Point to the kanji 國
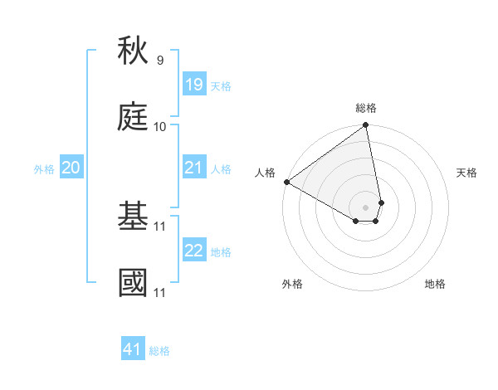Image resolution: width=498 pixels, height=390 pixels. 133,282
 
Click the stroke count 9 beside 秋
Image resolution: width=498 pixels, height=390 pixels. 160,61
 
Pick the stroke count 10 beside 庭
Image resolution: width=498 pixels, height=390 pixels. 160,126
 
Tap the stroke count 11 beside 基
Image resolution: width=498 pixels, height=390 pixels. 160,226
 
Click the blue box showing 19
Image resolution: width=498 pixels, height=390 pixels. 194,85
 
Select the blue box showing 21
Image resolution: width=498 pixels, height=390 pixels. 194,168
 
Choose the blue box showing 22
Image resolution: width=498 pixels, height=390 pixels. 194,251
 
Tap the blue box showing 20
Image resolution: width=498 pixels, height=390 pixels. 71,168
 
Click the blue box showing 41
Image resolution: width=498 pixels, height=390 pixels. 133,349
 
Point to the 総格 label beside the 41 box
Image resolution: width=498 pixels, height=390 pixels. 159,351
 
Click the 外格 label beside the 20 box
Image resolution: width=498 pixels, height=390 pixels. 44,169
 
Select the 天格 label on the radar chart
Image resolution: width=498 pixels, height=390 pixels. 466,173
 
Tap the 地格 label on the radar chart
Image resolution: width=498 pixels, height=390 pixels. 435,284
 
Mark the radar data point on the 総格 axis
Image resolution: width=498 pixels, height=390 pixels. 365,125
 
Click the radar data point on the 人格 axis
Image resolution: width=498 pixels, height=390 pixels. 286,182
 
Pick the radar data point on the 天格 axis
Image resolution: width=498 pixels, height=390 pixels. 381,202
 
